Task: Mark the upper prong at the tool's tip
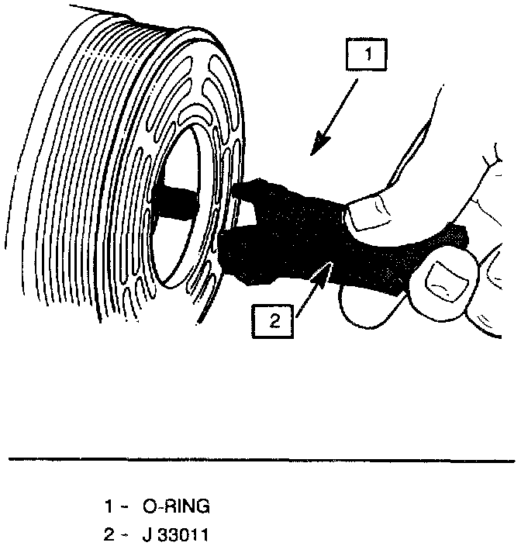tap(248, 187)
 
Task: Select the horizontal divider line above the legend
tap(260, 461)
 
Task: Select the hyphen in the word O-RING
tap(157, 508)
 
